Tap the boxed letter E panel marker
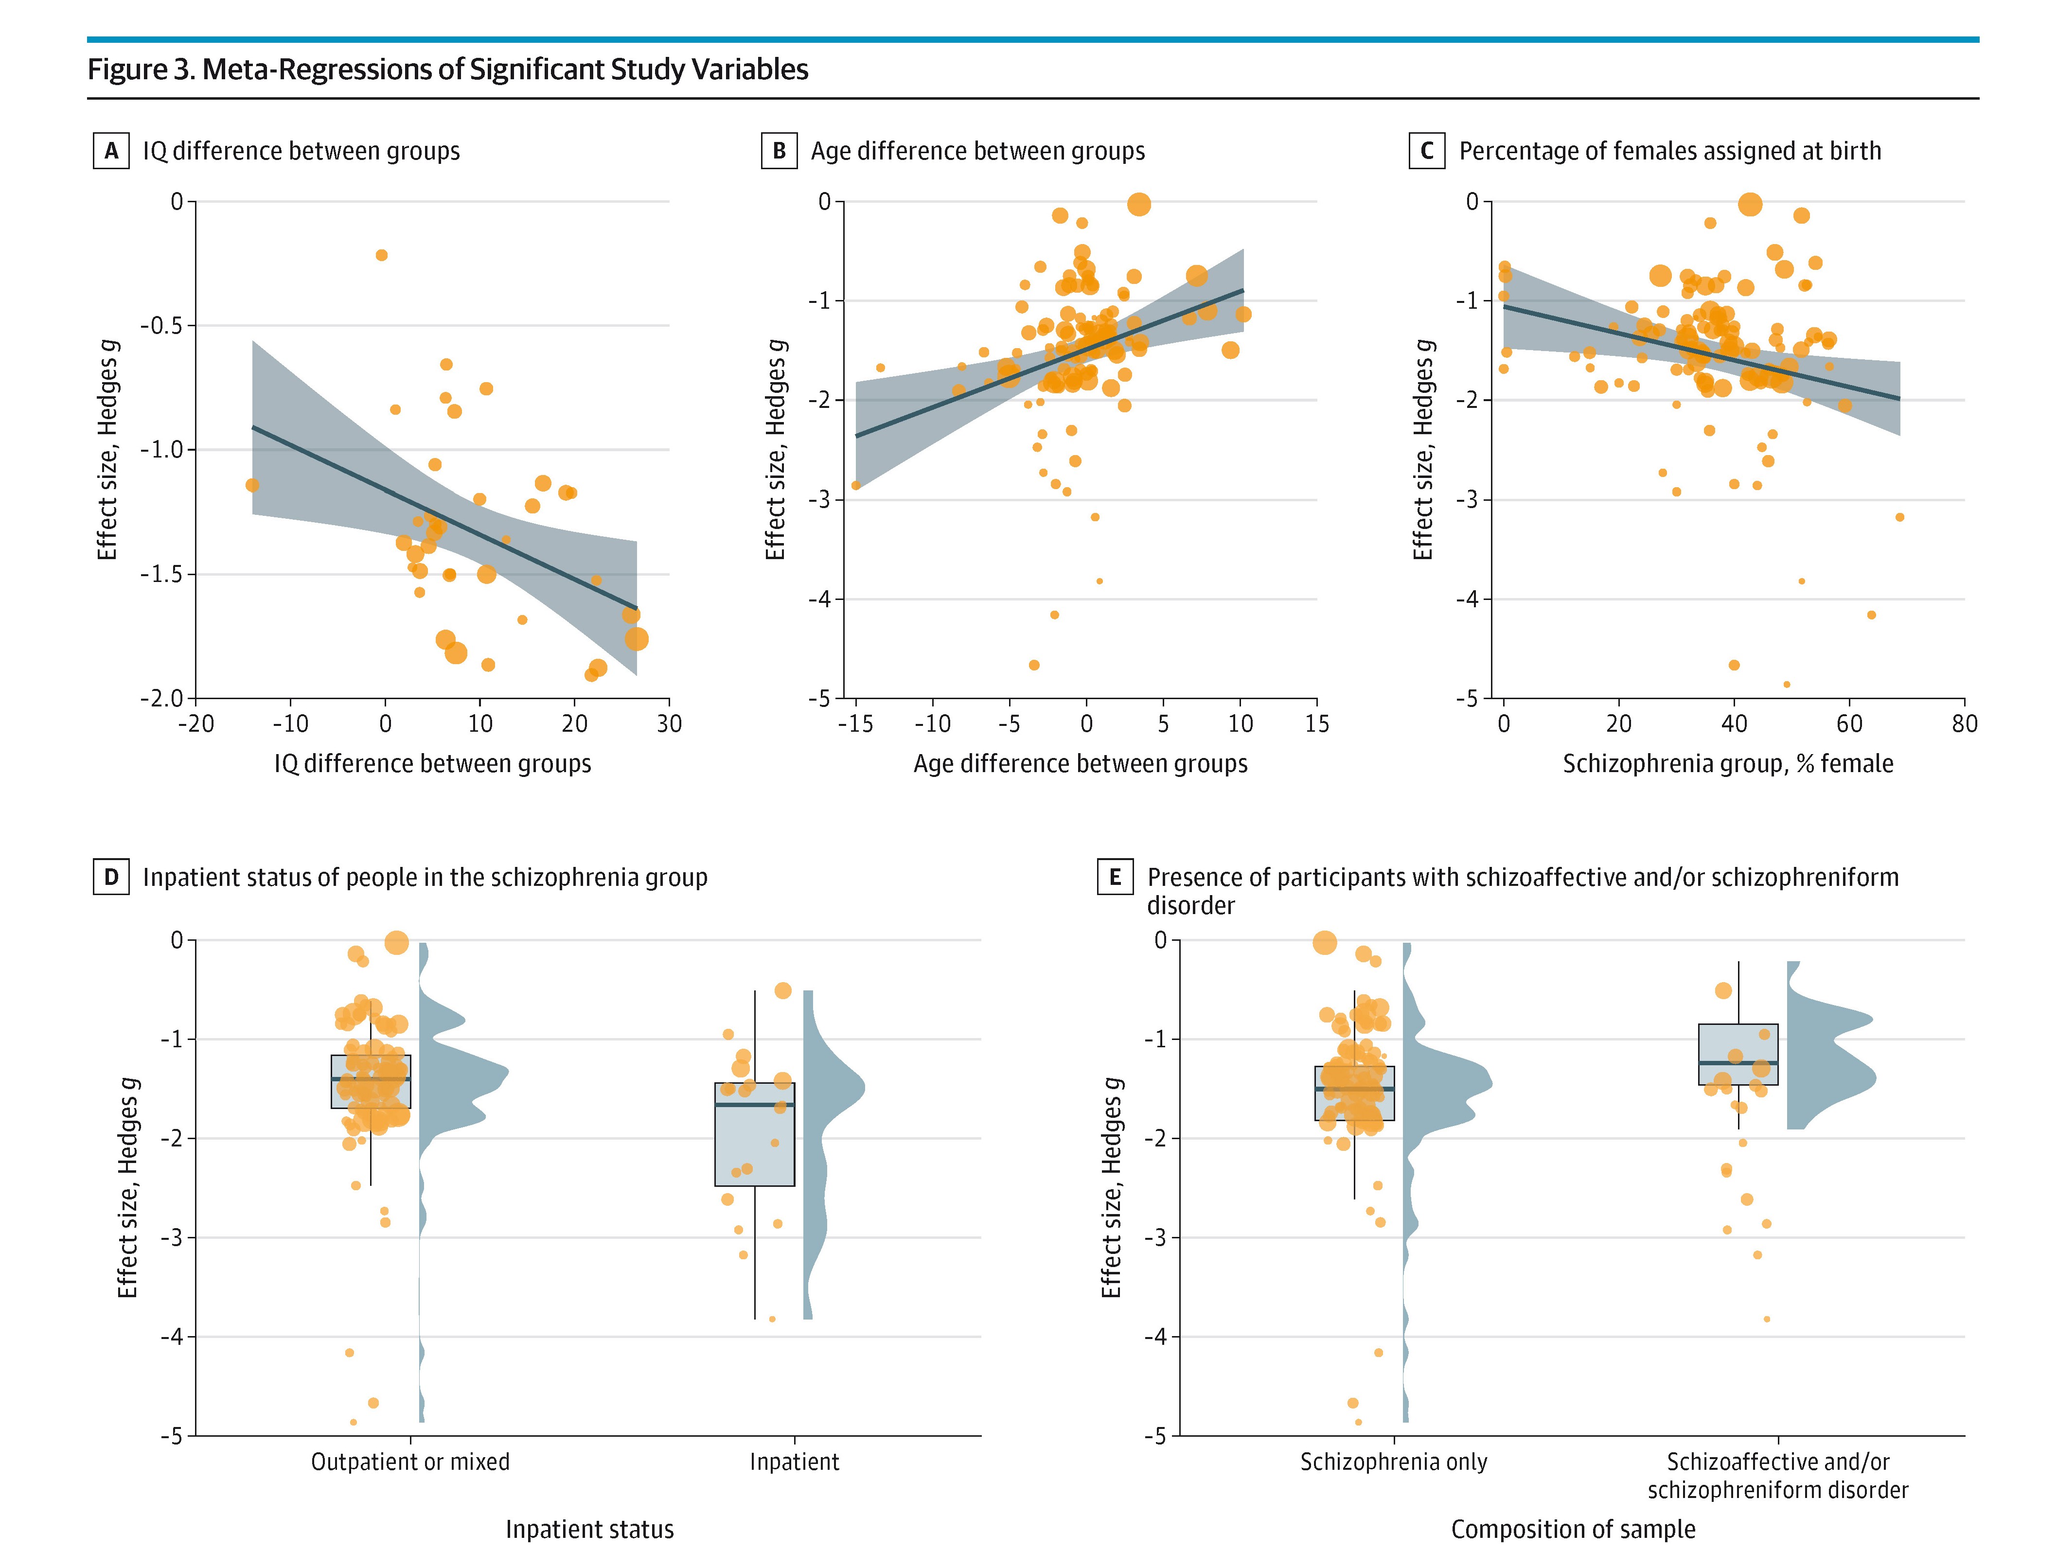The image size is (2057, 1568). pyautogui.click(x=1115, y=877)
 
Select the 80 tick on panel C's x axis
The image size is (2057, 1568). pyautogui.click(x=1964, y=723)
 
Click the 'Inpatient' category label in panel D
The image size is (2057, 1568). pyautogui.click(x=794, y=1462)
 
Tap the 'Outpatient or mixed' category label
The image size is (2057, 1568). pyautogui.click(x=410, y=1462)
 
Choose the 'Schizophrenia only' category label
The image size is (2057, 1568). pyautogui.click(x=1393, y=1462)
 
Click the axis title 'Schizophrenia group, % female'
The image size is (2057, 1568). pyautogui.click(x=1728, y=763)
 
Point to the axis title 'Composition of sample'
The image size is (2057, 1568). pyautogui.click(x=1573, y=1529)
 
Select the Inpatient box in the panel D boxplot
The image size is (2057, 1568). pyautogui.click(x=754, y=1134)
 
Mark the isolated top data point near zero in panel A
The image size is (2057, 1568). pyautogui.click(x=381, y=255)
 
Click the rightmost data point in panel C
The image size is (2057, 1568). pyautogui.click(x=1899, y=517)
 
